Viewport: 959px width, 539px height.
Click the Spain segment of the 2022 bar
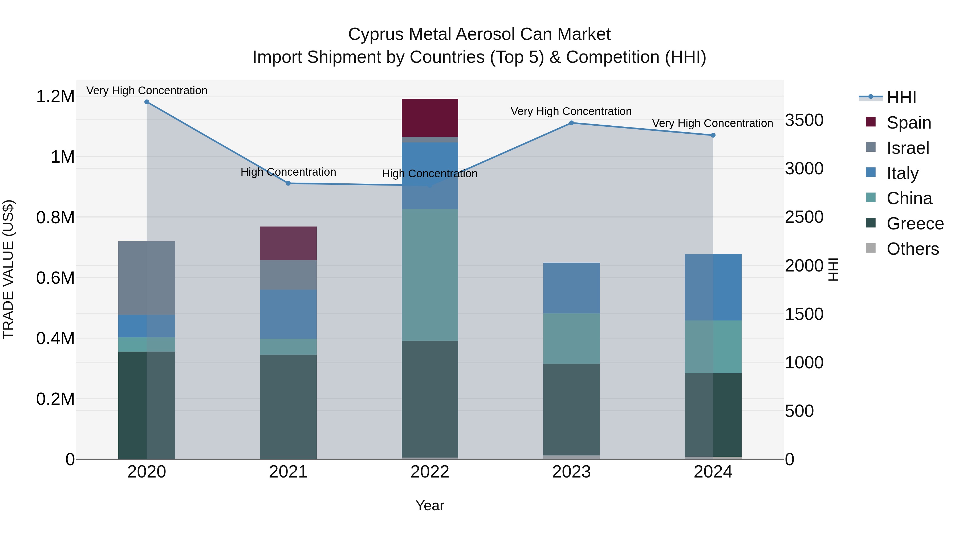[x=430, y=118]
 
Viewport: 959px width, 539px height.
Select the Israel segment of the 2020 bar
[x=146, y=278]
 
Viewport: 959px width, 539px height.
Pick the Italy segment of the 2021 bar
[x=288, y=314]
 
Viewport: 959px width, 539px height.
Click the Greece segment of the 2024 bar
[x=713, y=414]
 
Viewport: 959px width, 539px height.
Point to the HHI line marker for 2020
[x=147, y=102]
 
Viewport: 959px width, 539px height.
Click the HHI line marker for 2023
[x=571, y=123]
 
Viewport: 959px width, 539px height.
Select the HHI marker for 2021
[x=288, y=183]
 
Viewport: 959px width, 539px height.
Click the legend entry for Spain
[x=908, y=123]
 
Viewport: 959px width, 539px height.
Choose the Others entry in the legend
[x=912, y=249]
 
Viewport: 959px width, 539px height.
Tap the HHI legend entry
[x=901, y=97]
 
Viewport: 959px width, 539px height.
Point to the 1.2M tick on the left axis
[x=55, y=97]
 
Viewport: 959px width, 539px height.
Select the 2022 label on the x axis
[x=430, y=472]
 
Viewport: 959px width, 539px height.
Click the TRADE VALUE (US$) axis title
[x=8, y=269]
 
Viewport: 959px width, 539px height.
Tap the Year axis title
[x=430, y=505]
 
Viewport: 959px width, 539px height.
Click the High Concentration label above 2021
[x=288, y=172]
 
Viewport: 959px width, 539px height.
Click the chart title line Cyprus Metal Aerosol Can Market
[x=479, y=34]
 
